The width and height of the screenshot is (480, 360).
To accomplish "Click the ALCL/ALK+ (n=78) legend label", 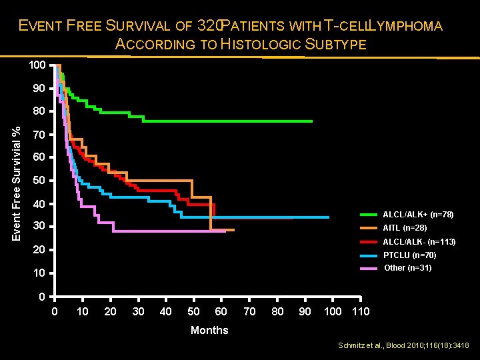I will coord(418,215).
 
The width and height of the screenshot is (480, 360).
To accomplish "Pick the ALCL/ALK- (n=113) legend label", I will coord(419,241).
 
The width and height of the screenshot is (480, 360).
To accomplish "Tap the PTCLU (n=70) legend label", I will coord(409,255).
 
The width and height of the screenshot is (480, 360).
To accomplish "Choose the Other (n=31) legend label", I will coord(408,268).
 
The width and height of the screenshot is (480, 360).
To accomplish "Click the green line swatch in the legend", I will coord(369,215).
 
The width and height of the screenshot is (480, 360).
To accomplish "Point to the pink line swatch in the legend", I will coord(369,269).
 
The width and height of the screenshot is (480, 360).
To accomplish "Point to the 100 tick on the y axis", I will coord(37,65).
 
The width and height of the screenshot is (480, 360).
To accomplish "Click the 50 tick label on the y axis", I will coord(39,181).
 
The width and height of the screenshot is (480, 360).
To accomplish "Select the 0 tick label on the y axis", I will coord(42,296).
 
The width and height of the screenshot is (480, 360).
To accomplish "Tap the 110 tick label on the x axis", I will coord(360,311).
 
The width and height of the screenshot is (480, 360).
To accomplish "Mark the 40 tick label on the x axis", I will coord(166,311).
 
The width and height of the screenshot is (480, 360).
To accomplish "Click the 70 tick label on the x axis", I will coord(249,311).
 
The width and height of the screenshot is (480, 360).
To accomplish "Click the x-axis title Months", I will coord(209,330).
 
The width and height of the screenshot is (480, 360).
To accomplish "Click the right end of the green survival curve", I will coord(312,121).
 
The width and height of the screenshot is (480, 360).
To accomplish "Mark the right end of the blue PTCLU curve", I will coord(329,217).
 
